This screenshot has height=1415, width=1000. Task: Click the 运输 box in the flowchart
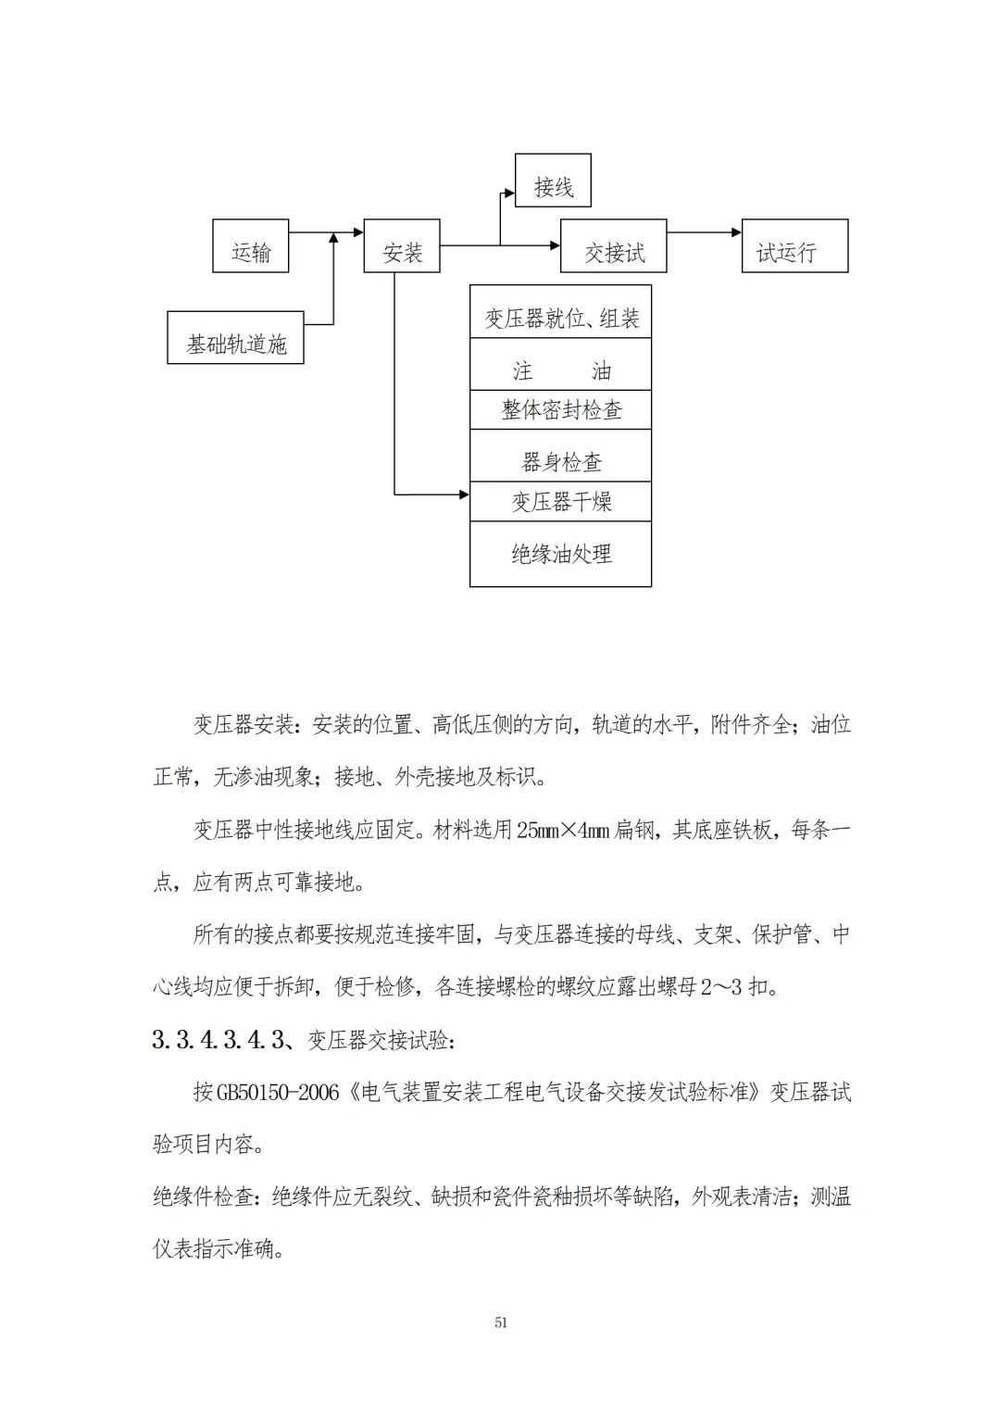tap(251, 246)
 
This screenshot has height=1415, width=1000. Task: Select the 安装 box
tap(402, 246)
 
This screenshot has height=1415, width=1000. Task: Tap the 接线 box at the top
tap(553, 182)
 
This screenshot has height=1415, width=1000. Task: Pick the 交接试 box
tap(613, 246)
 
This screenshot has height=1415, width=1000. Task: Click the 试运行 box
tap(794, 246)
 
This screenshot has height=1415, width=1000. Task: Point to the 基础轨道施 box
tap(235, 338)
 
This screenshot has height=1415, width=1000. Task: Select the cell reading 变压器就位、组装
tap(561, 312)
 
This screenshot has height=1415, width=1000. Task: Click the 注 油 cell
tap(561, 365)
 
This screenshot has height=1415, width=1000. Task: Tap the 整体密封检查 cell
tap(561, 409)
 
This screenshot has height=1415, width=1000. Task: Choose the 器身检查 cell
tap(561, 456)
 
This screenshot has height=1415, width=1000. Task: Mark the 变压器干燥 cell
tap(561, 502)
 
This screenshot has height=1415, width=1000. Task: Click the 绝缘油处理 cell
tap(561, 554)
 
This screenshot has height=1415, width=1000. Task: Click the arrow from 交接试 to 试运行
tap(704, 232)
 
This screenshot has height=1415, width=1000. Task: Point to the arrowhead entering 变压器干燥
tap(465, 495)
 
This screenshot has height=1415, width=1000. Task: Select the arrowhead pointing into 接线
tap(510, 193)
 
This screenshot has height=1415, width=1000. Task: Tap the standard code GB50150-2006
tap(278, 1093)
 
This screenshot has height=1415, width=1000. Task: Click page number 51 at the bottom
tap(501, 1322)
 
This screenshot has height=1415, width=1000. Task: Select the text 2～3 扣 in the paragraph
tap(735, 987)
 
